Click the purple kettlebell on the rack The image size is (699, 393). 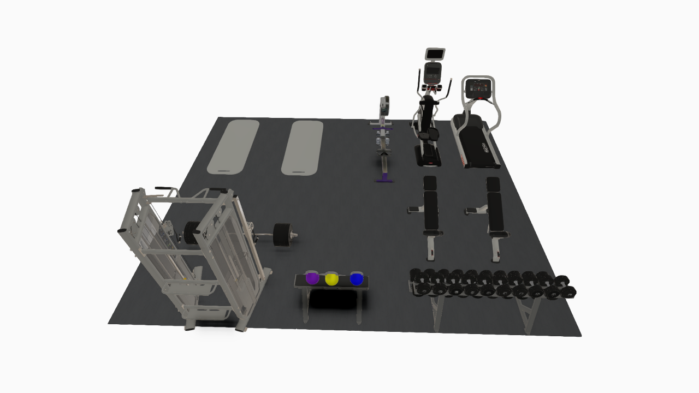point(312,278)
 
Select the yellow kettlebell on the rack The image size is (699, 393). point(331,279)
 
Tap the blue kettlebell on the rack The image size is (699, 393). point(357,278)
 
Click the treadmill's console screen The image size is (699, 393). point(478,86)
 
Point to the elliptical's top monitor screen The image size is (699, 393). point(435,54)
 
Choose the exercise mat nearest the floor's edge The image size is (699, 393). point(234,146)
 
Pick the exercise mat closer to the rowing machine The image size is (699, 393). point(303,148)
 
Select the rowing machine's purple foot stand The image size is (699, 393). point(386,177)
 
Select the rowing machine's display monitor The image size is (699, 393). point(384,105)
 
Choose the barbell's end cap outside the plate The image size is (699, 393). point(295,236)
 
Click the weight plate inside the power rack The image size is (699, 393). point(191,232)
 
